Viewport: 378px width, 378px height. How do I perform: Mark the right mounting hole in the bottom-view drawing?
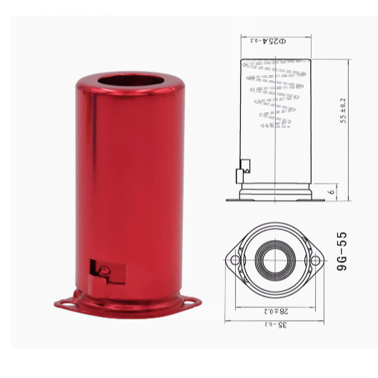click(x=312, y=260)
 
